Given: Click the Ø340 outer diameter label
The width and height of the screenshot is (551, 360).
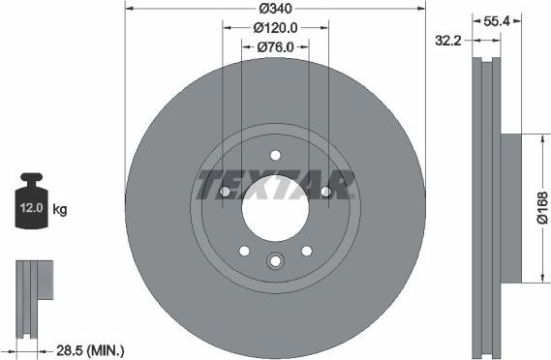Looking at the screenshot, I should [x=274, y=10].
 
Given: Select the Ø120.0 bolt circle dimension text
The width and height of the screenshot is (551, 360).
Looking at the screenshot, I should [x=274, y=28].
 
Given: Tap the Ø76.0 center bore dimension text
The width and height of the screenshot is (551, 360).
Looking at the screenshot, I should [x=274, y=46].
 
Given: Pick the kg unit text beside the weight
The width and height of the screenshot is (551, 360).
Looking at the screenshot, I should [x=61, y=209].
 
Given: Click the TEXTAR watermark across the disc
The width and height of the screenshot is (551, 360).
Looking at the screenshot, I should [x=274, y=183].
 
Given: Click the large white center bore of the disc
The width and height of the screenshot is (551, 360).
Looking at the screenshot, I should [x=275, y=208].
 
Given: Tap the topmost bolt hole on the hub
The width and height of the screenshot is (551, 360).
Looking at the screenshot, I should [x=275, y=155].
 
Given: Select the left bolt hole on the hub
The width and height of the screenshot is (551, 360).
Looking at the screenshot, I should [x=225, y=193].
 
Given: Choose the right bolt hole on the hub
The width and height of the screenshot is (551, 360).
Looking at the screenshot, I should [x=325, y=193].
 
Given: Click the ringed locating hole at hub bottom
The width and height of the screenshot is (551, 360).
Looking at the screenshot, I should [x=275, y=260].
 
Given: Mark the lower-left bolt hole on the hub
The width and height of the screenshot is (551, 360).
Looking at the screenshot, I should [x=244, y=251].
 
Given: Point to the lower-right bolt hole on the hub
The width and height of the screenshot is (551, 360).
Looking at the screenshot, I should [x=306, y=251].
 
